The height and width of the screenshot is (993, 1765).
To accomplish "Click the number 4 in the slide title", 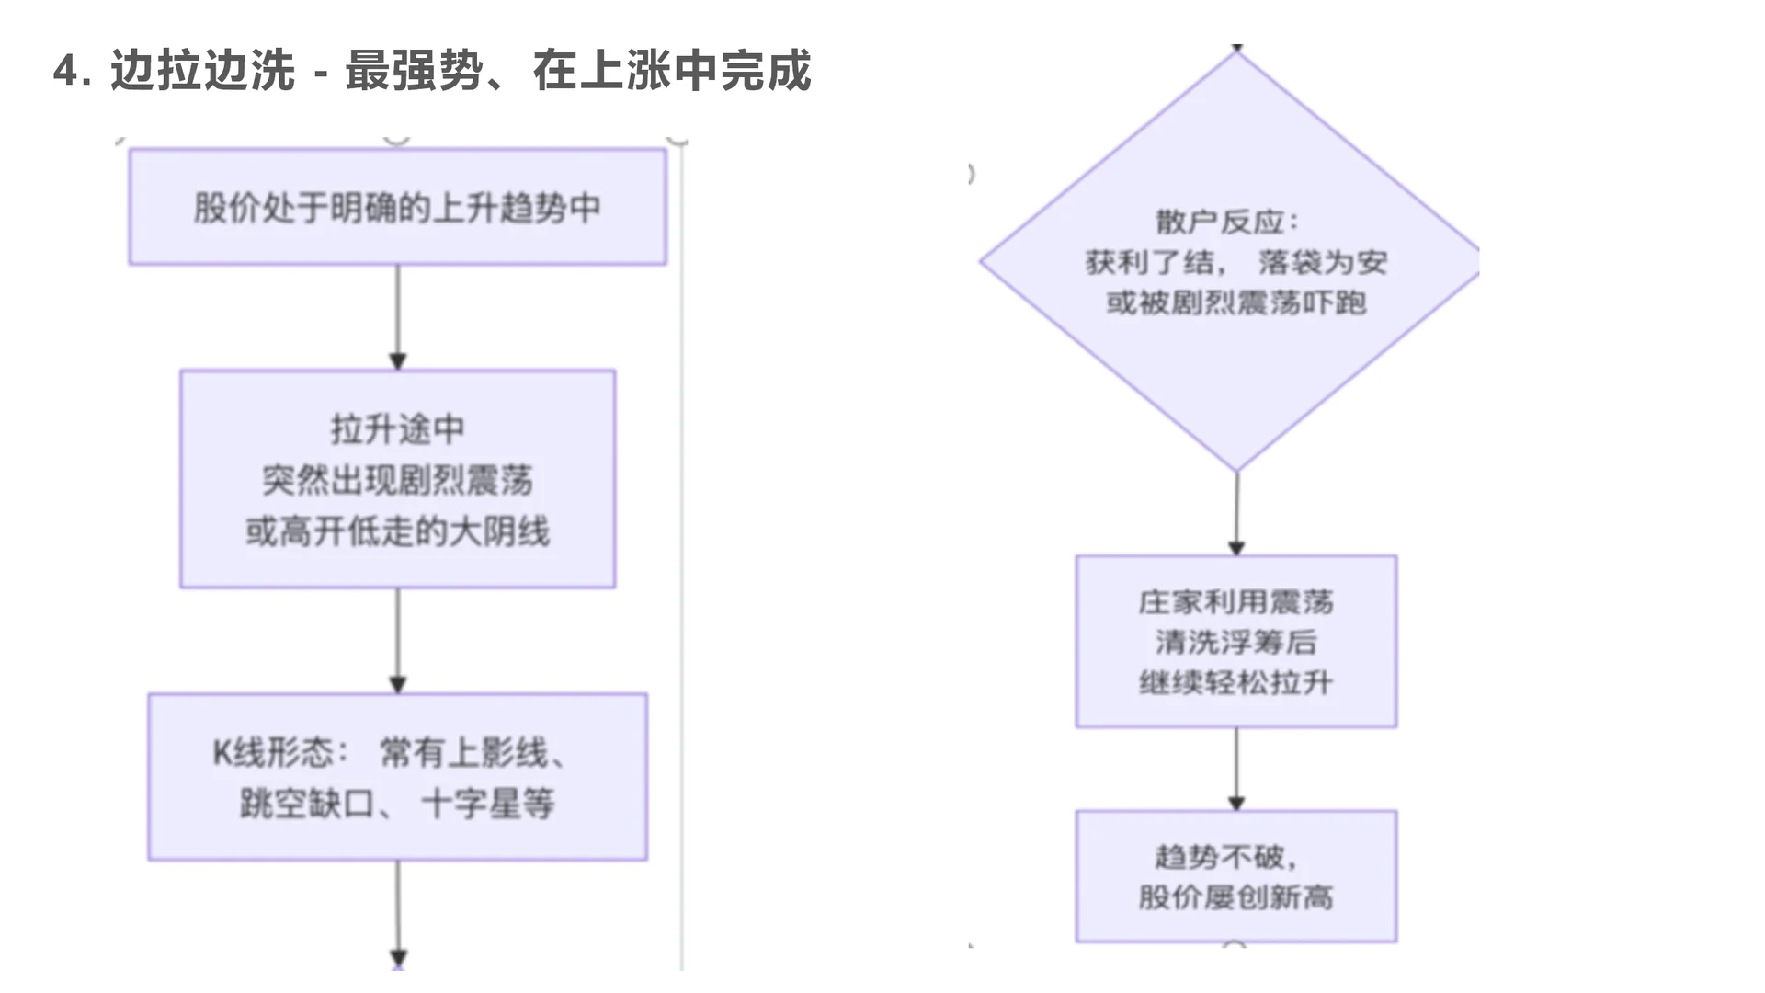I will [x=64, y=71].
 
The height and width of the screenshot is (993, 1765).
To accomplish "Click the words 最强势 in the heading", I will [x=414, y=71].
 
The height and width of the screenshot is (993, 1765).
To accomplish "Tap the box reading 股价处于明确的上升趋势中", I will [x=397, y=208].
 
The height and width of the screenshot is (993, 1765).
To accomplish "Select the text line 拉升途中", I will [x=397, y=429].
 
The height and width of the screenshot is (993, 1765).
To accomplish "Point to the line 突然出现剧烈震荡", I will [x=397, y=480].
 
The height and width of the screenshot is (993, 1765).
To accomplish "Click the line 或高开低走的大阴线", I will [x=397, y=531].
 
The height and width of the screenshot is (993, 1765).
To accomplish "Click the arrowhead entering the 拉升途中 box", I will [x=397, y=361].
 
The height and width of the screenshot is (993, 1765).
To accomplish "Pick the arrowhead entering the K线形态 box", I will [x=397, y=685].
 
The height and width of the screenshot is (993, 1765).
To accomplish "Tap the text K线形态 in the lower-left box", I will [x=273, y=753].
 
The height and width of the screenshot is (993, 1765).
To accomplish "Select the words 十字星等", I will [x=488, y=805].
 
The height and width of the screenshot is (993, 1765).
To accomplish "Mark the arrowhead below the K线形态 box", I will [x=397, y=959].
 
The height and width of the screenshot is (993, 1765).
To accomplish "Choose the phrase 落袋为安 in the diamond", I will [x=1322, y=263].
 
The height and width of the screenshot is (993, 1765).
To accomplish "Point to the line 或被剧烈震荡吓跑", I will [x=1235, y=302].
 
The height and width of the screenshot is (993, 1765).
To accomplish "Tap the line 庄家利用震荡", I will [x=1235, y=602].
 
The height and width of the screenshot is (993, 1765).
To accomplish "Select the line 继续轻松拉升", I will [x=1235, y=683].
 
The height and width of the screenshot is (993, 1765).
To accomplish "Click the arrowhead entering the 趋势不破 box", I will [x=1235, y=804].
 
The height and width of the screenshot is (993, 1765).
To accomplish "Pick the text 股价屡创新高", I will [x=1235, y=897].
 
